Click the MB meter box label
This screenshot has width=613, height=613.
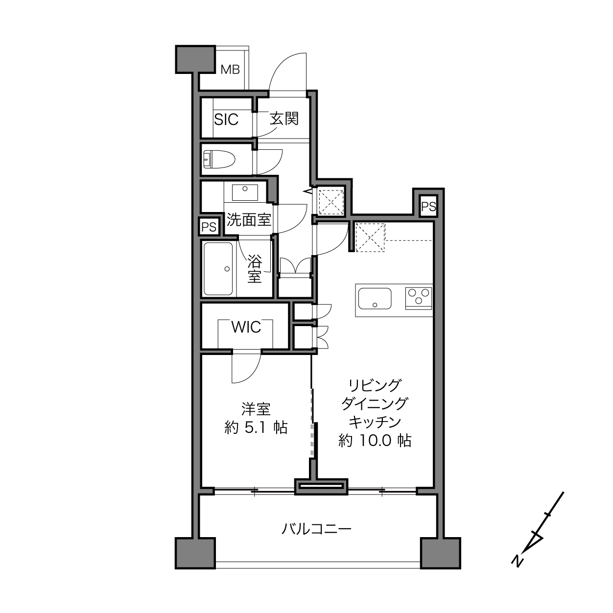[230, 70]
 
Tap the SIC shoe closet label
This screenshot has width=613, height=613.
[226, 119]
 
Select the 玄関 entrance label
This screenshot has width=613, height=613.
[284, 119]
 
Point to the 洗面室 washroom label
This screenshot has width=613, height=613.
[249, 219]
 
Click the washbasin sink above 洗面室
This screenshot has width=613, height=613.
[245, 192]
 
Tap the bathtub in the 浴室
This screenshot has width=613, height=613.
[218, 269]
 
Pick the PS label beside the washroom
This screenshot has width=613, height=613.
[209, 227]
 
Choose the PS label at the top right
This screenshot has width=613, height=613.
[428, 207]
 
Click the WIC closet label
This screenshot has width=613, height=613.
[246, 327]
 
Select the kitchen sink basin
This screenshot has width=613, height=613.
[375, 298]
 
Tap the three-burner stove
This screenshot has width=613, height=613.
[419, 298]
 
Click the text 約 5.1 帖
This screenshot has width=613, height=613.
[256, 428]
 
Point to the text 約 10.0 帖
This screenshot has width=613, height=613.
[375, 441]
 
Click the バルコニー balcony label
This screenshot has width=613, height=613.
[316, 529]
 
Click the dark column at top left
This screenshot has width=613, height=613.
[195, 59]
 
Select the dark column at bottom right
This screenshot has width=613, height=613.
[441, 553]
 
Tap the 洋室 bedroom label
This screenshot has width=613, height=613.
[256, 409]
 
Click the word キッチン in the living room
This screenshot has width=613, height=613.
[375, 422]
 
